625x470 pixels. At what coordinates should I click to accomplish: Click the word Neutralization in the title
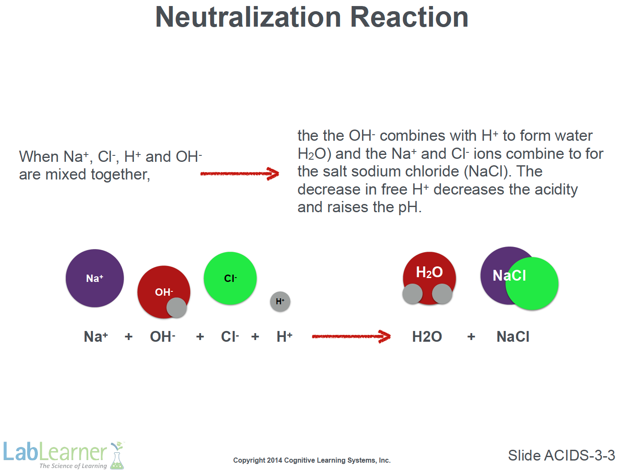(x=248, y=17)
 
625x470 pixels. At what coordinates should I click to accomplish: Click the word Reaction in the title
(x=409, y=17)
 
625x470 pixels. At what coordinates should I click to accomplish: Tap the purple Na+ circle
(x=95, y=278)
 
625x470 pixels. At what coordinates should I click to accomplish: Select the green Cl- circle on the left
(x=230, y=278)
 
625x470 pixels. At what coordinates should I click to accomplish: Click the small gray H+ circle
(x=280, y=301)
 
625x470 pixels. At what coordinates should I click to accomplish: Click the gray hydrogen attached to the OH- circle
(x=176, y=308)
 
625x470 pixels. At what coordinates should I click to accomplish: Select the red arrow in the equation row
(x=351, y=337)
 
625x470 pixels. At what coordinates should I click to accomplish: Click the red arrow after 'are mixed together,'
(x=240, y=173)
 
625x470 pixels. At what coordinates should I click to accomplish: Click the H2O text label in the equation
(x=427, y=337)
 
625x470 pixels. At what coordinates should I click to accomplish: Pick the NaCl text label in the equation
(x=513, y=337)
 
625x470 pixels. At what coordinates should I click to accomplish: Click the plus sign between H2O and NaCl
(x=471, y=337)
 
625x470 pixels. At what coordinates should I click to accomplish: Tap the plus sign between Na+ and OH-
(x=129, y=337)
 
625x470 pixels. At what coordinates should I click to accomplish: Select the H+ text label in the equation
(x=285, y=336)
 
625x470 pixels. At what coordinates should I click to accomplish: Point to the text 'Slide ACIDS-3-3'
(x=561, y=455)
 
